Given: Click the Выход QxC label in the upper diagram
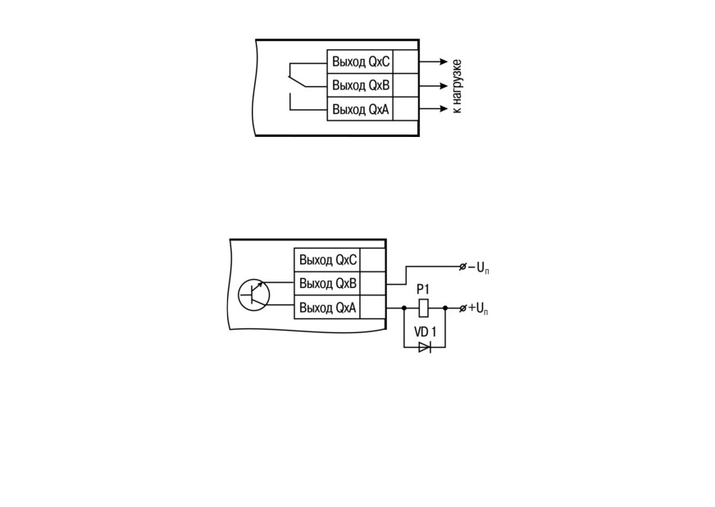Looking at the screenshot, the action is click(361, 62).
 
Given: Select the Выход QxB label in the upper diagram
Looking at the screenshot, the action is click(361, 85).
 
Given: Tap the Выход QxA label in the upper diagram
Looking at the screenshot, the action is click(361, 110).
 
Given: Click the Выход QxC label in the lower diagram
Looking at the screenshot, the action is click(328, 260).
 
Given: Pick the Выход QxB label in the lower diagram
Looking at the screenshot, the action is click(328, 284).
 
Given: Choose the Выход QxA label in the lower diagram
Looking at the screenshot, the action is click(327, 308).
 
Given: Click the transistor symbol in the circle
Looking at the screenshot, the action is click(254, 295).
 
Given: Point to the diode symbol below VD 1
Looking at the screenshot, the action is click(425, 348).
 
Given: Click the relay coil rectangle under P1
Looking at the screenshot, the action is click(424, 308).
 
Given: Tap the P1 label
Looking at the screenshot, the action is click(423, 290).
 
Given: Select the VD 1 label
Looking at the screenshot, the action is click(425, 331).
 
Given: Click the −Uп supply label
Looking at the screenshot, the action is click(479, 268).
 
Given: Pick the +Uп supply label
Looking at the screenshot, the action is click(479, 309).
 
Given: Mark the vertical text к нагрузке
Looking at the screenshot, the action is click(457, 86).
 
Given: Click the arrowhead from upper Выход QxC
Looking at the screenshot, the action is click(444, 62).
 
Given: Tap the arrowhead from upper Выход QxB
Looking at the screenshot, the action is click(444, 85).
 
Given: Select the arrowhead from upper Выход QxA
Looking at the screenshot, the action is click(444, 108).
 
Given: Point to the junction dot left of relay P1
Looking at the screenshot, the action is click(404, 308).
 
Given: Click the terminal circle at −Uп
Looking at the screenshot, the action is click(462, 267).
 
